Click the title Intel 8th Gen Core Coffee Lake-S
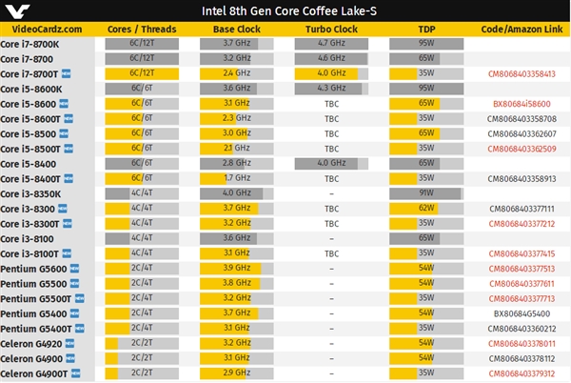[x=285, y=10]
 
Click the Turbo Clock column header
[x=331, y=30]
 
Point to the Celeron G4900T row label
[x=34, y=373]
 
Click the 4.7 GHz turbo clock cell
[x=331, y=44]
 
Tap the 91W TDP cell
[x=425, y=193]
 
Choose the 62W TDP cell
[x=425, y=209]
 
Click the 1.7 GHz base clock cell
[x=237, y=178]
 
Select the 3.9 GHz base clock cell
[x=237, y=269]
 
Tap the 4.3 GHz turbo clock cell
[x=331, y=89]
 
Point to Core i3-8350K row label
[x=30, y=193]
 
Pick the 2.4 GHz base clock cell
[x=237, y=73]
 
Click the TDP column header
[x=425, y=30]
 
